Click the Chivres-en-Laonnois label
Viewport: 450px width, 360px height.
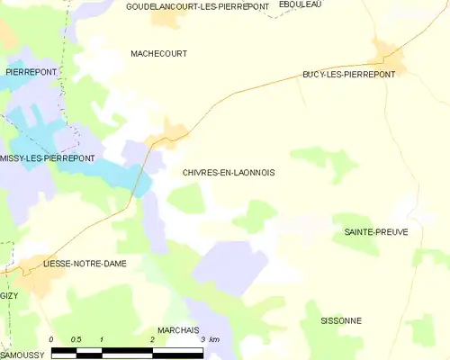[x=229, y=172]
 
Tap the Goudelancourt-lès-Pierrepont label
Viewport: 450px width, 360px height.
[x=197, y=6]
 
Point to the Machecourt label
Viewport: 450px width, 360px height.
[x=158, y=54]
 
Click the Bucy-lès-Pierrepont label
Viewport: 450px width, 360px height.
[x=348, y=76]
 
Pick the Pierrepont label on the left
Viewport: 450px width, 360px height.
[x=31, y=71]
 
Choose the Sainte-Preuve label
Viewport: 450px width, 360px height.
[x=375, y=232]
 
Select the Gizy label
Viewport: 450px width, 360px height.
[x=8, y=295]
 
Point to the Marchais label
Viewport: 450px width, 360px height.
[x=177, y=330]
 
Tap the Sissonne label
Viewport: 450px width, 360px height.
[x=341, y=320]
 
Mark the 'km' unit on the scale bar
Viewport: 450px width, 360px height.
[x=213, y=339]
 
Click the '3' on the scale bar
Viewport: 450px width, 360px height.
[x=202, y=339]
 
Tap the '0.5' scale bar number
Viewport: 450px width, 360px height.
[x=76, y=339]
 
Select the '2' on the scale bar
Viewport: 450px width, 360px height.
[x=152, y=339]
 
